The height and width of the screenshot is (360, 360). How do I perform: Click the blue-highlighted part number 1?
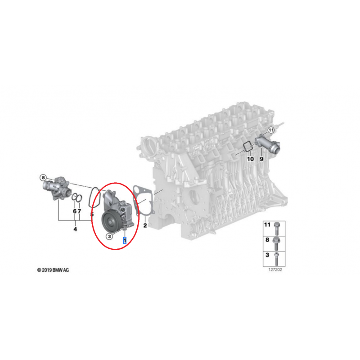click(125, 240)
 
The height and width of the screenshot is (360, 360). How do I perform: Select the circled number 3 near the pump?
click(109, 236)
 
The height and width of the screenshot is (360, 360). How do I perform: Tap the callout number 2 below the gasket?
click(145, 225)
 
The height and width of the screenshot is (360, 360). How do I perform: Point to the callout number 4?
click(75, 229)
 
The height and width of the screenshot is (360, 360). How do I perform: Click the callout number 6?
click(75, 211)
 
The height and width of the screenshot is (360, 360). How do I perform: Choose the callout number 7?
click(80, 211)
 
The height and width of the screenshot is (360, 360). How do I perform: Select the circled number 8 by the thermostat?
click(43, 178)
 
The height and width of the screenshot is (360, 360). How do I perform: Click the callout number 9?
click(261, 159)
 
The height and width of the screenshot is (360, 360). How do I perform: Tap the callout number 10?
click(250, 159)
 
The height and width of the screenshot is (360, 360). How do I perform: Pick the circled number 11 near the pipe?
click(271, 130)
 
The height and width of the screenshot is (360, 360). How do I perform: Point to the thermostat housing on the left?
click(57, 188)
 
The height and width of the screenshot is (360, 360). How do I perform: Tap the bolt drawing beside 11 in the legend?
click(276, 228)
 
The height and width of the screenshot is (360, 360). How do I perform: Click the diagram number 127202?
click(275, 270)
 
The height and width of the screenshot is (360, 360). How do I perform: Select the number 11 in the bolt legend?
click(267, 224)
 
